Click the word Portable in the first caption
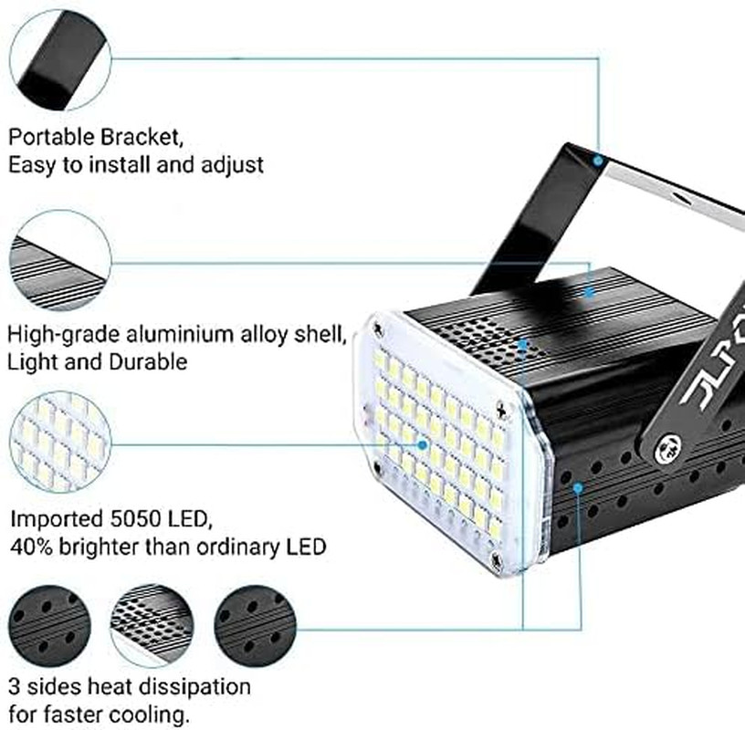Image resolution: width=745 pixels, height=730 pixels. pyautogui.click(x=49, y=138)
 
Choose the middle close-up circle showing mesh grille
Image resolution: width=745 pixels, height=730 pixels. pyautogui.click(x=152, y=626)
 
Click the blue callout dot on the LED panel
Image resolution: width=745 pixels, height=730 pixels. pyautogui.click(x=424, y=444)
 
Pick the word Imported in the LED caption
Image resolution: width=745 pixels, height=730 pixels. pyautogui.click(x=51, y=520)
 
